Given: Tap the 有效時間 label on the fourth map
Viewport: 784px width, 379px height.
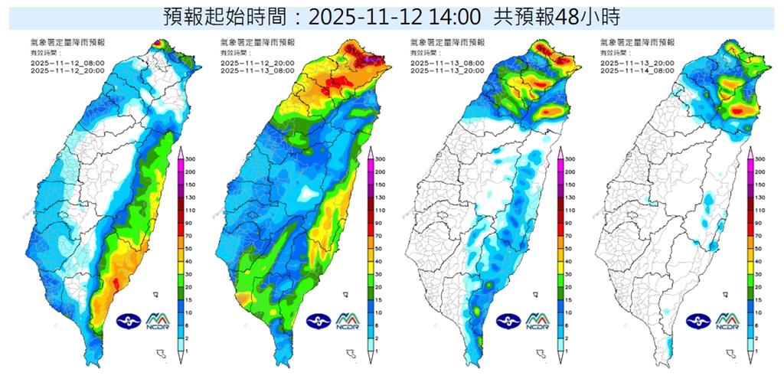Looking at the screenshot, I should pyautogui.click(x=612, y=53).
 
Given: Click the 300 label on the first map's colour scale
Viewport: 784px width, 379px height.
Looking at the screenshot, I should pyautogui.click(x=191, y=158).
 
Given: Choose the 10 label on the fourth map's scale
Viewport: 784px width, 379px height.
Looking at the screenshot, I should pyautogui.click(x=759, y=312).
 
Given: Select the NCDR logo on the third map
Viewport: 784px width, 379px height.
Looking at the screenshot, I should pyautogui.click(x=538, y=322).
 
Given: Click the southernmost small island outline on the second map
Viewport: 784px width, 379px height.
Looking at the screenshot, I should pyautogui.click(x=351, y=354).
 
